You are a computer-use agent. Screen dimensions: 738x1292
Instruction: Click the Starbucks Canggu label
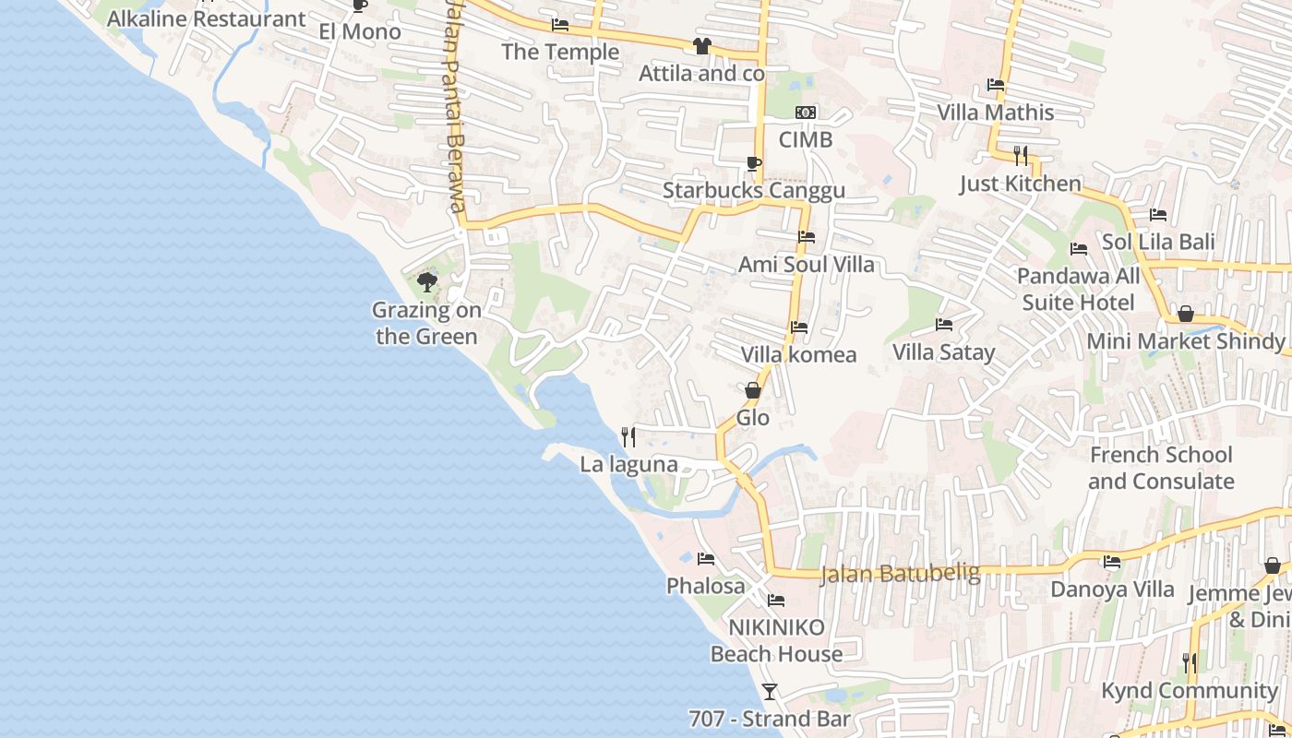click(754, 191)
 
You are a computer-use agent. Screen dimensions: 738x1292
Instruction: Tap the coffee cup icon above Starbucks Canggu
click(753, 164)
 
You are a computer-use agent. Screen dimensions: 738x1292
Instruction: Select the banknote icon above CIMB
click(806, 113)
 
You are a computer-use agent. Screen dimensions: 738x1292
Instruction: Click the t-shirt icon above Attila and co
click(701, 46)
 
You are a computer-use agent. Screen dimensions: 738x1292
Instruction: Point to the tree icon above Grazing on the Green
click(426, 281)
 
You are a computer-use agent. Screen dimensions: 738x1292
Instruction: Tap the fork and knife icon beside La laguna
click(628, 436)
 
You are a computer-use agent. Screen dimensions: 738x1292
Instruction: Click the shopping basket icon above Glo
click(753, 390)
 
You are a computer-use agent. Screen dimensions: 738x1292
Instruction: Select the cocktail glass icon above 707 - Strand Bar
click(770, 691)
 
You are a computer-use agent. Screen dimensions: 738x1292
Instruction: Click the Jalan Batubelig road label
click(900, 574)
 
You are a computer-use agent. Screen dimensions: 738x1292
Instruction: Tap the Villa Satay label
click(944, 352)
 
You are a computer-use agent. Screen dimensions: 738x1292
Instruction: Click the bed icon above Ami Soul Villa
click(806, 237)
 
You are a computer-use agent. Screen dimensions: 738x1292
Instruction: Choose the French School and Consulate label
click(1161, 468)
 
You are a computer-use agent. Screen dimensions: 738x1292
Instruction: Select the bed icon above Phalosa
click(706, 559)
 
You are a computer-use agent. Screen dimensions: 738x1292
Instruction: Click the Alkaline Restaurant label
click(207, 18)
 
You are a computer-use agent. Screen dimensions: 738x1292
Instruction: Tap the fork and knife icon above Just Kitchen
click(1020, 155)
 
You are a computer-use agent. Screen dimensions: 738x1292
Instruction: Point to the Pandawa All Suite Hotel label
click(1079, 289)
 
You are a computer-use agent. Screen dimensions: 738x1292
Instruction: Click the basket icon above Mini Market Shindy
click(1186, 315)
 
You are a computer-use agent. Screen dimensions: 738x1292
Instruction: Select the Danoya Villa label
click(1113, 589)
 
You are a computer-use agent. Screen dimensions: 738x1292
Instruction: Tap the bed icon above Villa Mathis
click(996, 85)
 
